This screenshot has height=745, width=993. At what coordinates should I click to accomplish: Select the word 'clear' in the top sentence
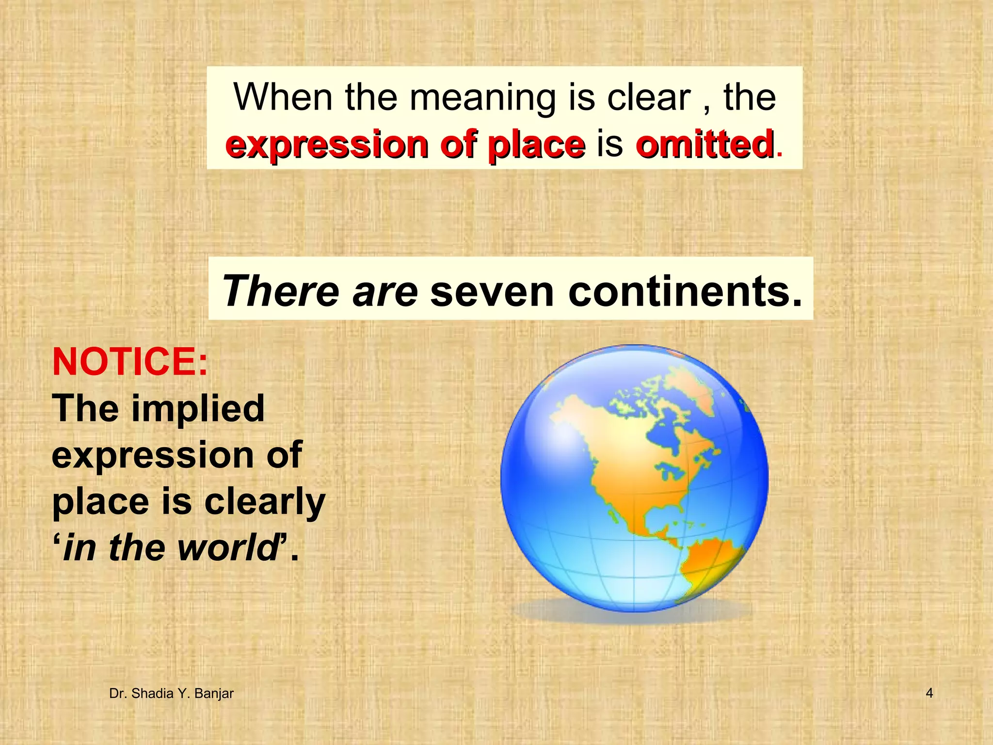(649, 97)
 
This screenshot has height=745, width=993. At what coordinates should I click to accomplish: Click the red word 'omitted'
(705, 144)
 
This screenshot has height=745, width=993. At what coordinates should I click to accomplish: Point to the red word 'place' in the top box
(536, 145)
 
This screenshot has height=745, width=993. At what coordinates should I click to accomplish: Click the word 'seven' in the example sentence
(492, 292)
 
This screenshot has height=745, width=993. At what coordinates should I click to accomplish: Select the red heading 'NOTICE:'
(130, 362)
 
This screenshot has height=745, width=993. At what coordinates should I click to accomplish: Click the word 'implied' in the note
(198, 408)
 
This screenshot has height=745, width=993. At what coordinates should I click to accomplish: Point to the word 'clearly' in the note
(264, 502)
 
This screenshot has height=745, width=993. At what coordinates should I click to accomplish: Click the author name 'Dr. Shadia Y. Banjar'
(171, 694)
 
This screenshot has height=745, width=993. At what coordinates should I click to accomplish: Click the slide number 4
(929, 693)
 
